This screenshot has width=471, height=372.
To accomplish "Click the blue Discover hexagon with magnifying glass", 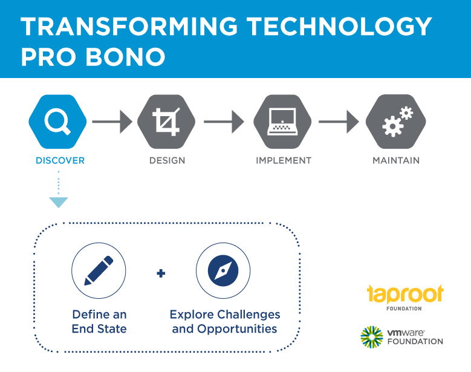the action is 57,122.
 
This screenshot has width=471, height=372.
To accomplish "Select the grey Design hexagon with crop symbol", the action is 166,122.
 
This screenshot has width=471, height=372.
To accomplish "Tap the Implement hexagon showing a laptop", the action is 282,122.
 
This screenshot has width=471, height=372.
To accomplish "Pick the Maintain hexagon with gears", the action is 395,122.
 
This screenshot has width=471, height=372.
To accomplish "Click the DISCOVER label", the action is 60,160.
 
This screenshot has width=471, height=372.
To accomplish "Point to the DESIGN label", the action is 167,160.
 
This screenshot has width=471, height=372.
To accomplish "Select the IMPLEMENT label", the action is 284,160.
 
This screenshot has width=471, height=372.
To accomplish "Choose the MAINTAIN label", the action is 396,160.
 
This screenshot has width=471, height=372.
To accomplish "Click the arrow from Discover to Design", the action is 112,122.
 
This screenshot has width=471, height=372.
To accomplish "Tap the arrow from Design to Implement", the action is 224,122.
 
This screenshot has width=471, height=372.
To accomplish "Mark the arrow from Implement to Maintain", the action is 339,122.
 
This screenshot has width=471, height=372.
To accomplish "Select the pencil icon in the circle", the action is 99,270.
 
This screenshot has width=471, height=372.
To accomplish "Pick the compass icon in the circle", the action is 223,270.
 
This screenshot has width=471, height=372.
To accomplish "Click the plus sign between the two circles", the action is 161,273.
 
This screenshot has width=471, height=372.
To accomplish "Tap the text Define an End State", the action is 99,322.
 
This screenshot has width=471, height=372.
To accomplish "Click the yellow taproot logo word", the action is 405,293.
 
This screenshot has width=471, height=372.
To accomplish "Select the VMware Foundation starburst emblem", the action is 372,337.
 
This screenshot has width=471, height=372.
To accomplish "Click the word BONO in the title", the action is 126,57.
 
